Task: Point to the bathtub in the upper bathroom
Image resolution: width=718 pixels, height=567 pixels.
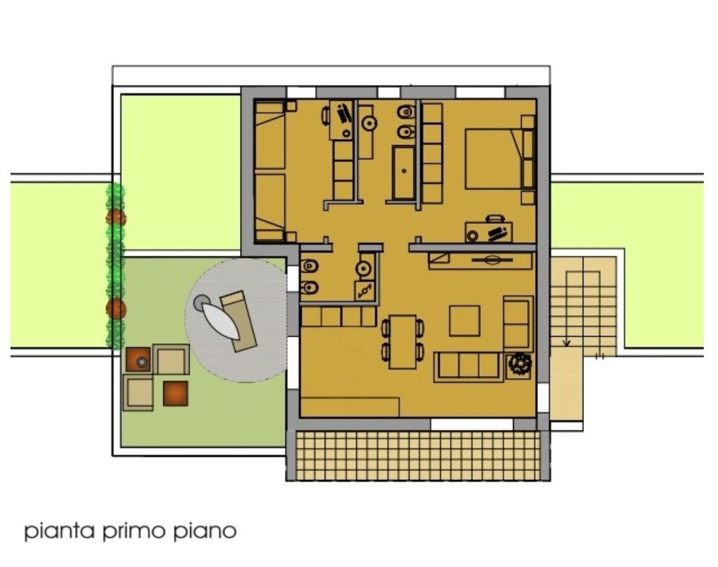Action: coord(404,173)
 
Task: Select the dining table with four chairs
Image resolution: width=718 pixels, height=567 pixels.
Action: coord(403,342)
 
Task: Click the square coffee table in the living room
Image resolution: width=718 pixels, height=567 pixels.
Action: coord(464,321)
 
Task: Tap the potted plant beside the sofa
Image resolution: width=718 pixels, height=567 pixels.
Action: coord(520,364)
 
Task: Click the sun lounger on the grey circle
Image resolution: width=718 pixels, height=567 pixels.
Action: coord(238,321)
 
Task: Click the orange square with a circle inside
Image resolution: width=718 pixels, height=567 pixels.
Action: coord(139,359)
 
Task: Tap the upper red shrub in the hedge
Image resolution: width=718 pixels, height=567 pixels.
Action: coord(116,217)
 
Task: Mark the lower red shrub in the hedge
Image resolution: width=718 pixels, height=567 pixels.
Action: coord(116,309)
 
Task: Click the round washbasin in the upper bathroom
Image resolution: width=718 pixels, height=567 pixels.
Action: coord(369,123)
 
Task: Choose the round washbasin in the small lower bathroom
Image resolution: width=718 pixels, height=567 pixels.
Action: coord(364,269)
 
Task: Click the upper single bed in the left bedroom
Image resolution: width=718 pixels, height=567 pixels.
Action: coord(270,135)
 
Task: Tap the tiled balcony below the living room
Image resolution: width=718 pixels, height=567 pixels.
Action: coord(418,455)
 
